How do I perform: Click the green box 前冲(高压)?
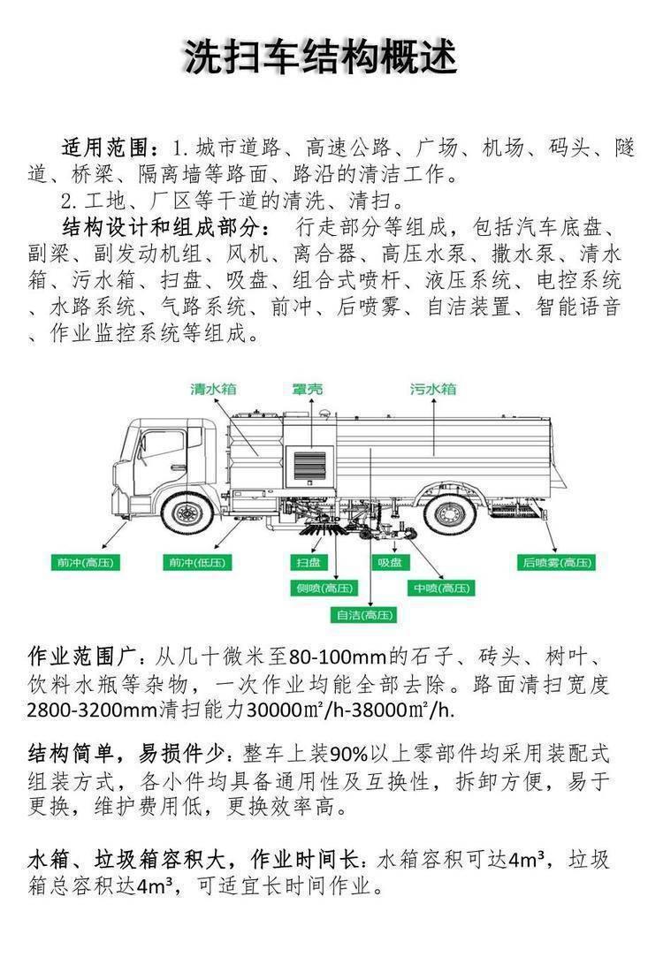[x=88, y=562]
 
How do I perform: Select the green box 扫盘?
[x=308, y=562]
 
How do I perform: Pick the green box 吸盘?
[x=390, y=562]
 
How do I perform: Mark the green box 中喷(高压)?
[x=440, y=588]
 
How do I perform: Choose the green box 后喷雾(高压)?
[x=558, y=562]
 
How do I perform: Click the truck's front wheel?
[x=187, y=513]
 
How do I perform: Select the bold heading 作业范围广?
[x=82, y=658]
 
